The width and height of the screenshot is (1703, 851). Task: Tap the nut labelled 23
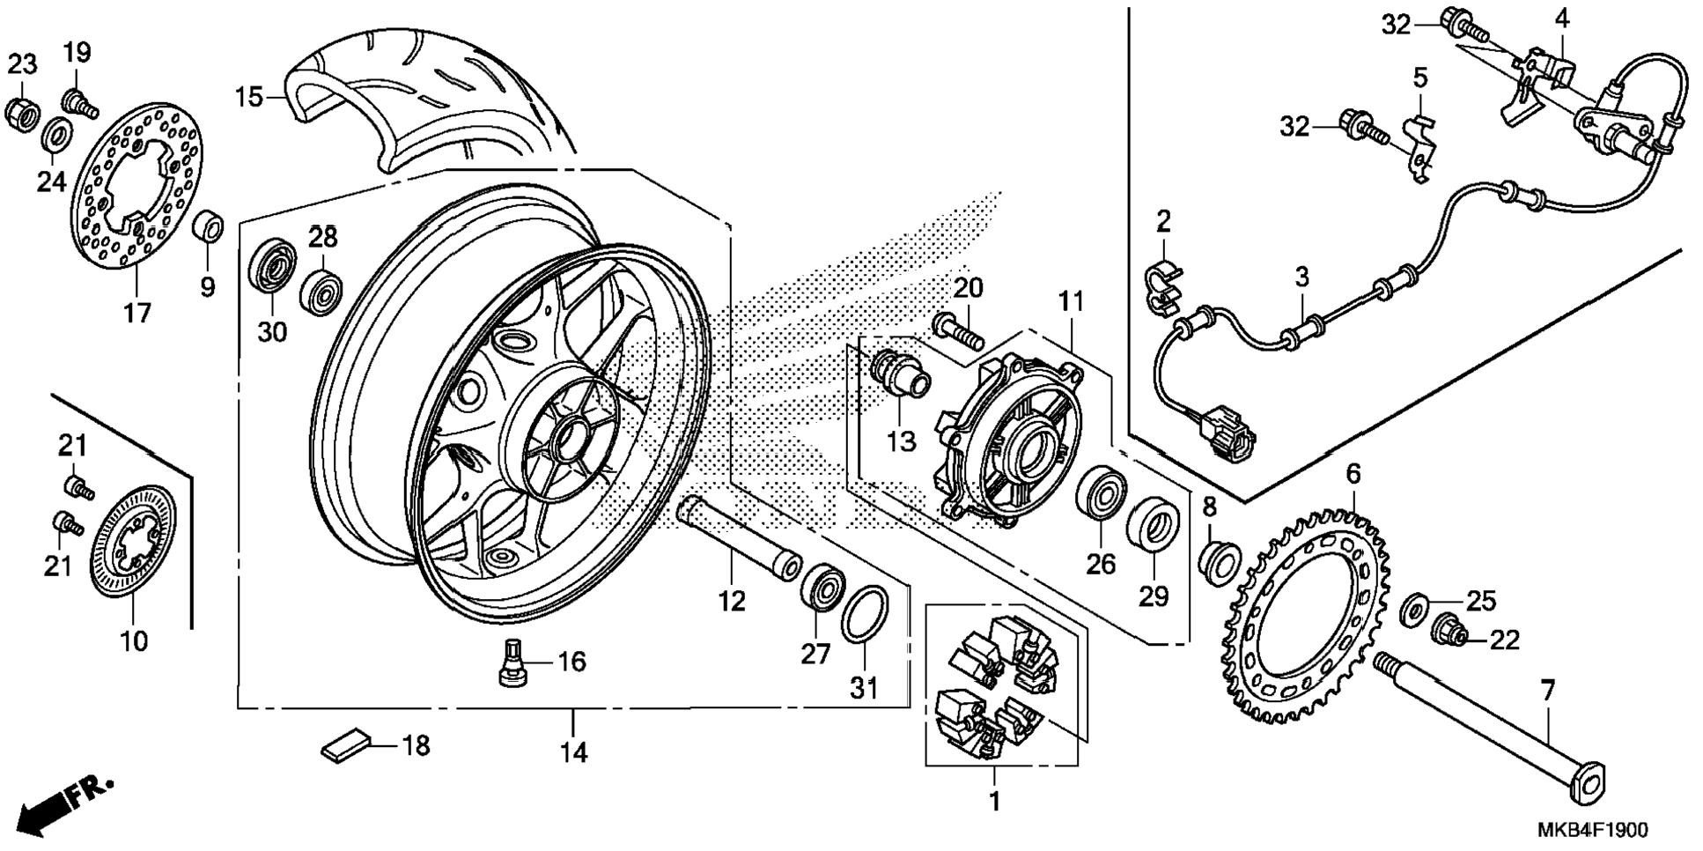point(22,111)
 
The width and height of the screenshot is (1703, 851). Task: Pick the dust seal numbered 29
point(1153,525)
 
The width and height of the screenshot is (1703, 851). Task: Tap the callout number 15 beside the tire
point(249,96)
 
